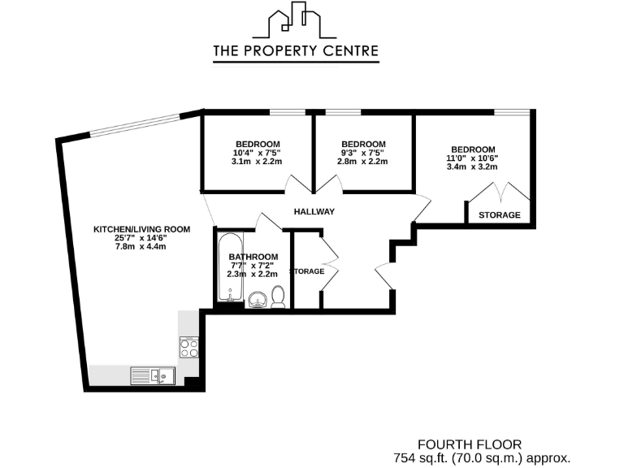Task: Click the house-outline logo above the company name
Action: pyautogui.click(x=294, y=21)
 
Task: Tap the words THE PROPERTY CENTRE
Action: pyautogui.click(x=295, y=52)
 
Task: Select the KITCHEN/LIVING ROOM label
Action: pyautogui.click(x=141, y=229)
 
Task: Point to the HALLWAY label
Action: pyautogui.click(x=314, y=212)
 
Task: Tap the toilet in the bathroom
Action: pyautogui.click(x=278, y=297)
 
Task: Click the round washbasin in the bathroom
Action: pyautogui.click(x=258, y=300)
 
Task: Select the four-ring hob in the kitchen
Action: pyautogui.click(x=189, y=347)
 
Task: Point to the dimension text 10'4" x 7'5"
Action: pyautogui.click(x=258, y=152)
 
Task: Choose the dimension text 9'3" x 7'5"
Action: pyautogui.click(x=362, y=152)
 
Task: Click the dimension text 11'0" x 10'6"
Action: pyautogui.click(x=473, y=158)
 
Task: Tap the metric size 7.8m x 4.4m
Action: pyautogui.click(x=141, y=247)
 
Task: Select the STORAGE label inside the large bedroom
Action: pyautogui.click(x=499, y=215)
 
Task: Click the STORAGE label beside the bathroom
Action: pyautogui.click(x=308, y=271)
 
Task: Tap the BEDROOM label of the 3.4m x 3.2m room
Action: pyautogui.click(x=473, y=149)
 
